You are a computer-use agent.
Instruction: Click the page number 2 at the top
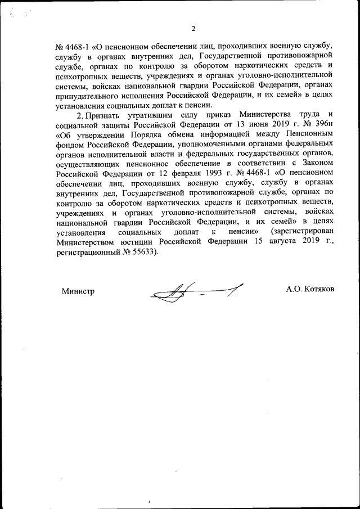click(193, 29)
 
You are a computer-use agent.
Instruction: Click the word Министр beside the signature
click(78, 291)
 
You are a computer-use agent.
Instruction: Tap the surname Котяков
click(318, 289)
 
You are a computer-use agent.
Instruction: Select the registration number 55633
click(144, 253)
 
